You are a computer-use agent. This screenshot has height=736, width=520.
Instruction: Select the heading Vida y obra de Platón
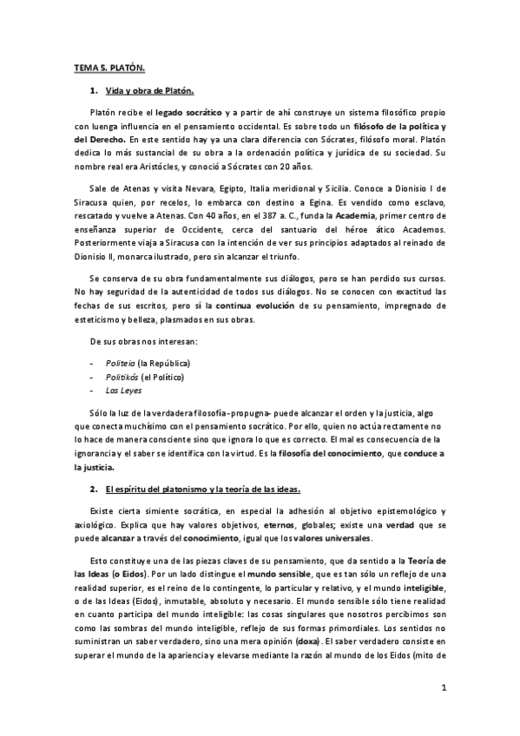tap(149, 90)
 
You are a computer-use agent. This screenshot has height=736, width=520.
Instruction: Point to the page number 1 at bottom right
tap(443, 688)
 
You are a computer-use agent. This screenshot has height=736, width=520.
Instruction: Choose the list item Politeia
tap(121, 362)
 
